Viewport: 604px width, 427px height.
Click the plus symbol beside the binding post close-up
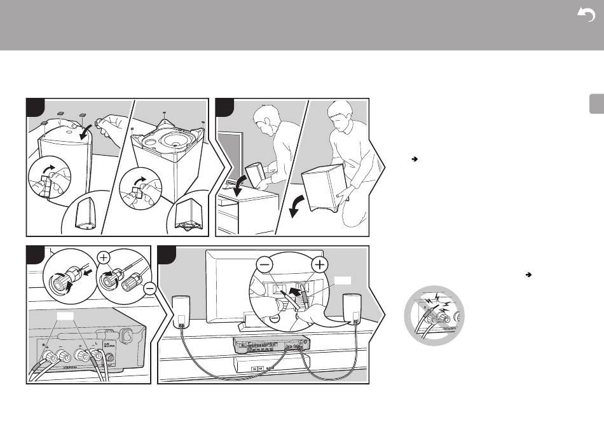click(x=104, y=258)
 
